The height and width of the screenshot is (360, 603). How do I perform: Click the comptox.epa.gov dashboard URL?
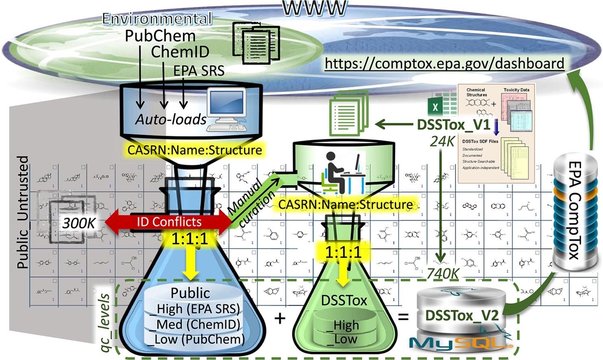(444, 63)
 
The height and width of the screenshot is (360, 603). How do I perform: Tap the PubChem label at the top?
(160, 36)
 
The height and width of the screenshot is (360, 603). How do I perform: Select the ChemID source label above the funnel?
(180, 52)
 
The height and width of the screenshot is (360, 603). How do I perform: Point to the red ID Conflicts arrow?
(168, 222)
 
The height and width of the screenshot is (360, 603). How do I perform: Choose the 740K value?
(443, 274)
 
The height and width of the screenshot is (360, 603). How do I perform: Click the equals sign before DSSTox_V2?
(403, 315)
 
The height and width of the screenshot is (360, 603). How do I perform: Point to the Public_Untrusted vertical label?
(23, 212)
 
